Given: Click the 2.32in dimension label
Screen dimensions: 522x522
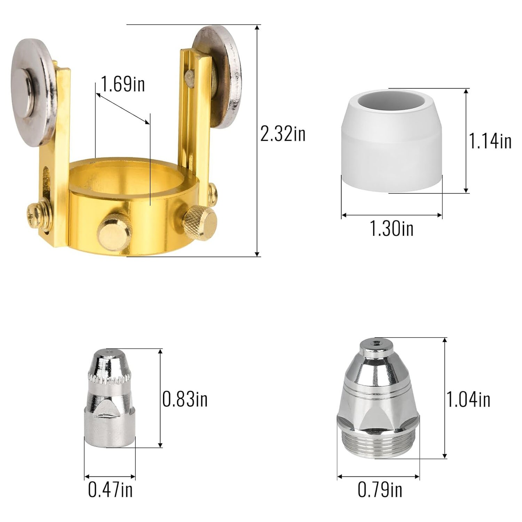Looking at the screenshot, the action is click(283, 134).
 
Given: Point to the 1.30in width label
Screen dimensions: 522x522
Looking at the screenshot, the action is click(391, 229).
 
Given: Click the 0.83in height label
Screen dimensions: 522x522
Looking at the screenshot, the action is click(185, 399).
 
